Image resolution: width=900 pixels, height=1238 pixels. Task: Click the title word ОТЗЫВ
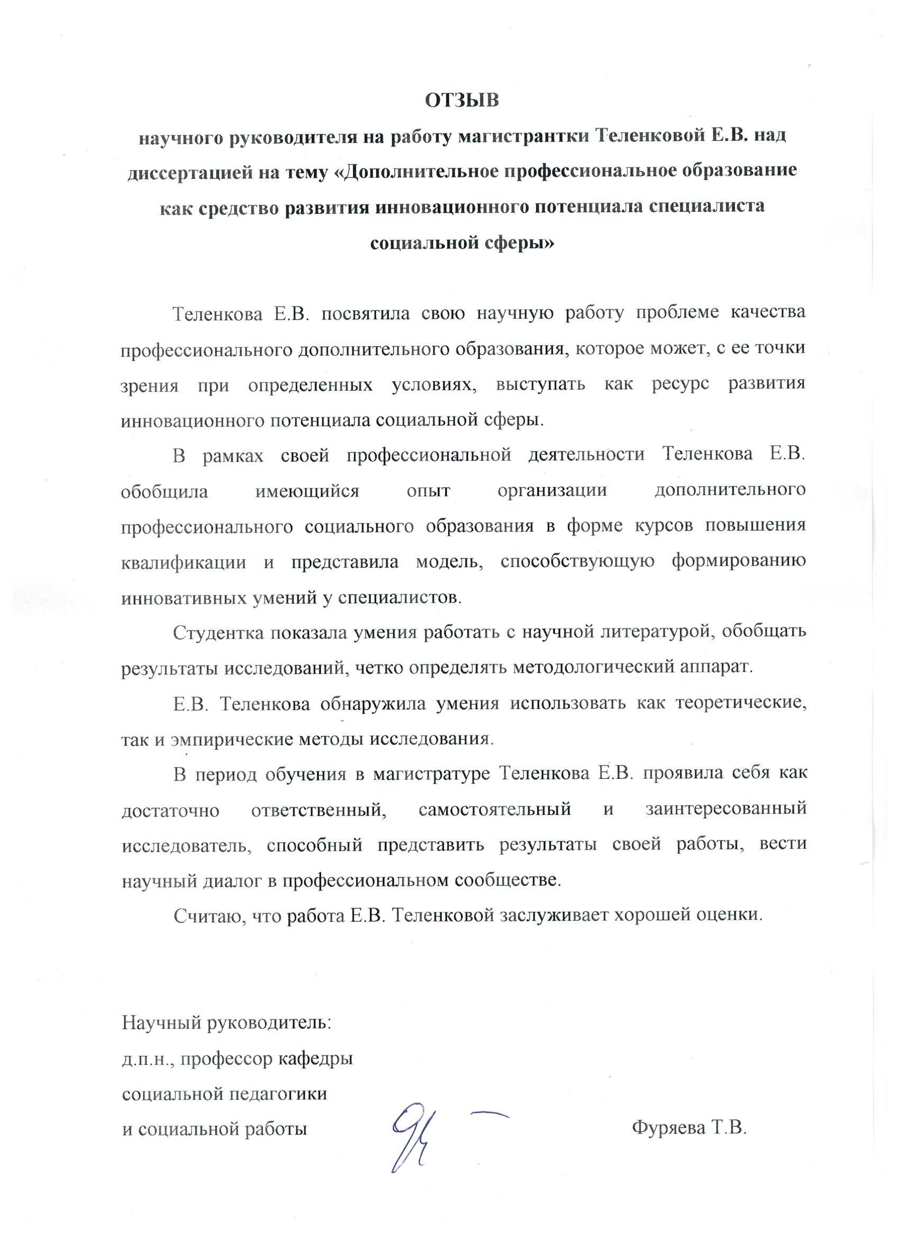[x=462, y=101]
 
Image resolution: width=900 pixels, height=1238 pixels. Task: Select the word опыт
[x=428, y=491]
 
